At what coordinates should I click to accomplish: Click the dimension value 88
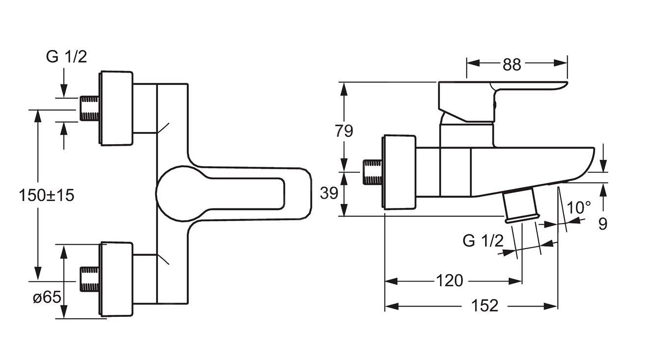click(x=512, y=64)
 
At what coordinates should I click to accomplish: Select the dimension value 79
click(x=344, y=131)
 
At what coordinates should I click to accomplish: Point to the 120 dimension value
click(x=449, y=281)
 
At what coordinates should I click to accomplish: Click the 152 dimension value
click(x=485, y=306)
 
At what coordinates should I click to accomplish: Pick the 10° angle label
click(x=579, y=208)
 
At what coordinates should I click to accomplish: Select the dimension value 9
click(x=603, y=224)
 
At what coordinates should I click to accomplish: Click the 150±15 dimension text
click(x=47, y=195)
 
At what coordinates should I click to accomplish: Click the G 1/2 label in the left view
click(x=66, y=57)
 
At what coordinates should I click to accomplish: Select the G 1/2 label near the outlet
click(x=483, y=241)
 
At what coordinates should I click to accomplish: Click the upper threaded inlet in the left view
click(x=89, y=108)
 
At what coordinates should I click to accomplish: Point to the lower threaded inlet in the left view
click(x=89, y=280)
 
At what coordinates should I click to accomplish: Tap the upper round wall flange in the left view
click(x=116, y=108)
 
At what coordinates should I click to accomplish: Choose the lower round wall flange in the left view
click(x=116, y=280)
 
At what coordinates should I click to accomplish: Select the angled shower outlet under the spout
click(x=521, y=206)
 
